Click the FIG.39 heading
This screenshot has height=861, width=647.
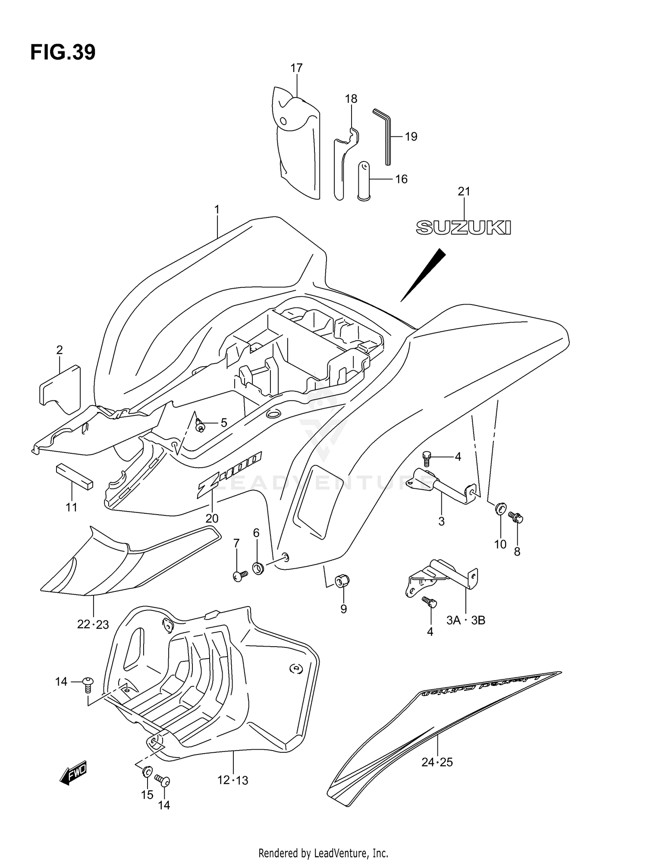click(63, 52)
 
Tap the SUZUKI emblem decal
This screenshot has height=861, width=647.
click(463, 227)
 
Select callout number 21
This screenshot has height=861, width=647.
click(464, 192)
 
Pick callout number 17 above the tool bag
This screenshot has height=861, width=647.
click(296, 68)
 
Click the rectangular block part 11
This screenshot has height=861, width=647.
click(74, 477)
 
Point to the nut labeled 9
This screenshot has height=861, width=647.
click(342, 582)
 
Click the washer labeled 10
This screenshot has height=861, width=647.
click(500, 509)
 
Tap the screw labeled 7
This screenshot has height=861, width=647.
click(239, 575)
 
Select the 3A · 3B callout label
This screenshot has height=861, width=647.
click(465, 620)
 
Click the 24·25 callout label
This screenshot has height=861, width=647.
click(437, 762)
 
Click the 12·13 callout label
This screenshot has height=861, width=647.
click(232, 780)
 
